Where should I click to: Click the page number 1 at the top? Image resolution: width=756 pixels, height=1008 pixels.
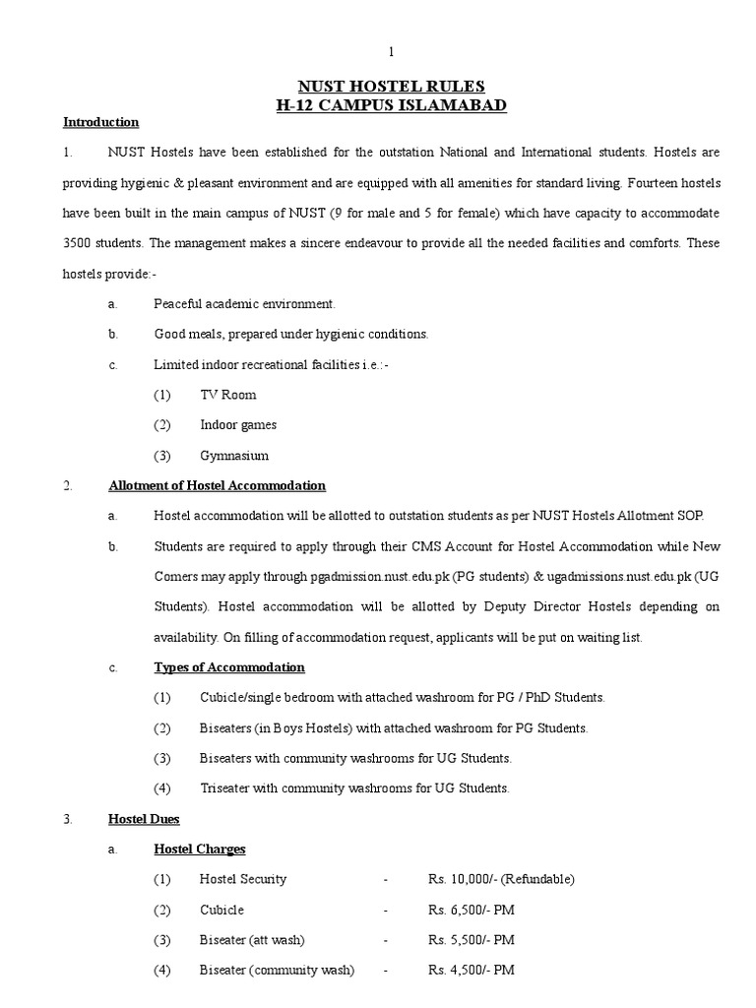pos(392,51)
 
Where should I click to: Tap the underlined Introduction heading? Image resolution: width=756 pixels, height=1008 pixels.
pos(100,123)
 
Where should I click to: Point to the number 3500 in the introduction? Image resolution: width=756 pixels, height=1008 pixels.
pos(83,243)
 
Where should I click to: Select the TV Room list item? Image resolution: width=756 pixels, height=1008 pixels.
pos(227,395)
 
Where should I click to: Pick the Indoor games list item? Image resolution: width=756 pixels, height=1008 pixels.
pos(238,425)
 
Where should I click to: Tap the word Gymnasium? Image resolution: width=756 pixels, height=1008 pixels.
pos(234,456)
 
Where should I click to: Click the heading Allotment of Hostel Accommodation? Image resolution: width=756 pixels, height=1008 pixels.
pos(217,486)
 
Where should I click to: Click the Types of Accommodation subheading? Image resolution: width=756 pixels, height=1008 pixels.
pos(229,667)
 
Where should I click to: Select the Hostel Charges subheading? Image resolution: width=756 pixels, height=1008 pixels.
pos(200,849)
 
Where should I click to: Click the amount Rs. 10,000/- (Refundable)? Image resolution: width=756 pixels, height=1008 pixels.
pos(500,879)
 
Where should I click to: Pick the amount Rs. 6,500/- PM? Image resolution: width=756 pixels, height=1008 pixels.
pos(471,910)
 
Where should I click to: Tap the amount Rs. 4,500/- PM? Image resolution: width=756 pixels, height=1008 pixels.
pos(471,971)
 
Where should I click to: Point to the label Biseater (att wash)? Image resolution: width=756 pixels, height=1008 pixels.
pos(258,940)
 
